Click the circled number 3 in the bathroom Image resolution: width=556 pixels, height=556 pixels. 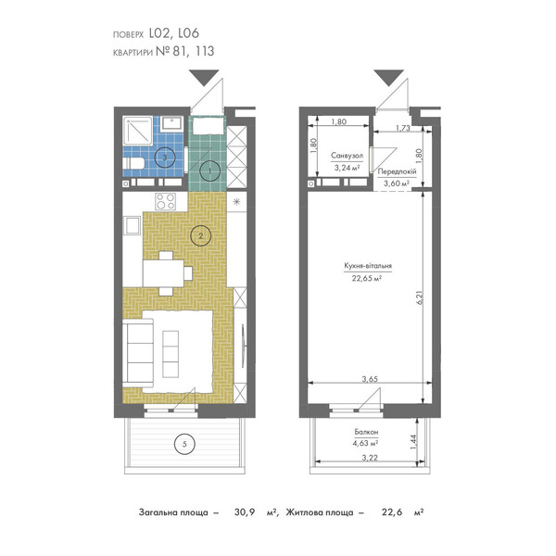coord(165,158)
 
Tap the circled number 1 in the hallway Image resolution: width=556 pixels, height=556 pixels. coord(210,171)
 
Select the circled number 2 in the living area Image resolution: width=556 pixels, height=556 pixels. coord(201,235)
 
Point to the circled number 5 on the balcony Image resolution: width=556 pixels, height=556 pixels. coord(184,444)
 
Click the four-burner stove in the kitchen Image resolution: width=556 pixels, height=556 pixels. coord(166,201)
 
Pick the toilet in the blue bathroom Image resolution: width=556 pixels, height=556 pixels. coord(133,163)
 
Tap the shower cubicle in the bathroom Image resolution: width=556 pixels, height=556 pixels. coord(137,131)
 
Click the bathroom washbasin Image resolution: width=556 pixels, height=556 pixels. coord(171,124)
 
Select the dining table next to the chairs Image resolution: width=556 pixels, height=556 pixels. coord(163,273)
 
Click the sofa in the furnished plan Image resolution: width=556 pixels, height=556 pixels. coord(138,354)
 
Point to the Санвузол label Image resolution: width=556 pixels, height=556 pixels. coord(347,156)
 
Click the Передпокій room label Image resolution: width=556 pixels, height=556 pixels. coord(397,171)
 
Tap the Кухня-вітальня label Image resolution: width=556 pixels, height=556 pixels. coord(368,266)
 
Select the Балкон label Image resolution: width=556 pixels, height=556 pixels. coord(366,432)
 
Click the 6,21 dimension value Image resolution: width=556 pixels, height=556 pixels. coord(421,297)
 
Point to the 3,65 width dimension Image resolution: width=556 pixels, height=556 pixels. coord(370,379)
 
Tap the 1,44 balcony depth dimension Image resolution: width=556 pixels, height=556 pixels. coord(413,442)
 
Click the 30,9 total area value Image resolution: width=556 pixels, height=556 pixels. coord(245,512)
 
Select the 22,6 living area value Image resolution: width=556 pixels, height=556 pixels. coord(392,512)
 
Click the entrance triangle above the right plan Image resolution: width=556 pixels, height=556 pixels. coord(389,78)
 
